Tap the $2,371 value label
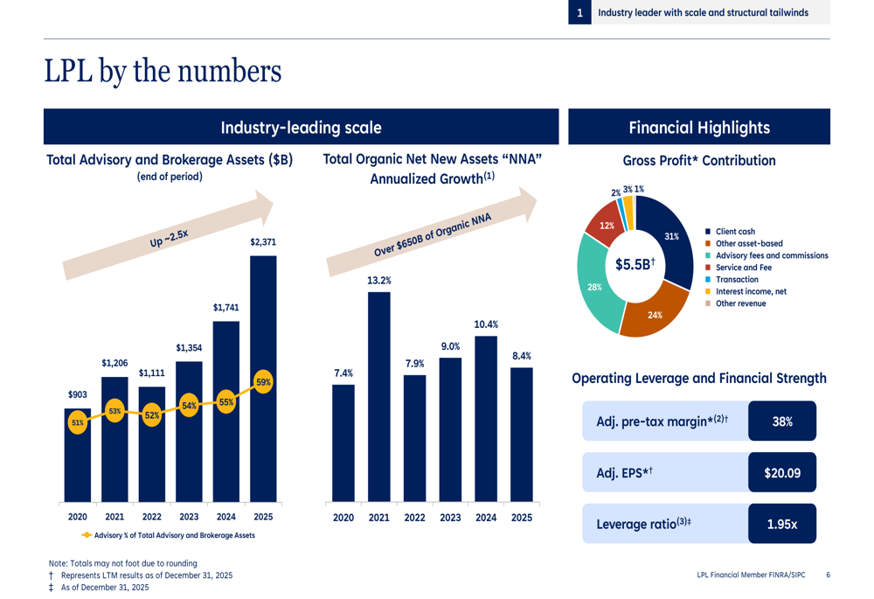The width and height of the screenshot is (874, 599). [263, 241]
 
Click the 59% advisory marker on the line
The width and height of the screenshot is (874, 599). [263, 382]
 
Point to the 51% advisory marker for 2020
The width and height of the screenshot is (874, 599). [78, 423]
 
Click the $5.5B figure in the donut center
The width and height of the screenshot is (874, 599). [635, 264]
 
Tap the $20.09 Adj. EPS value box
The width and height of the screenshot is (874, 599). [782, 473]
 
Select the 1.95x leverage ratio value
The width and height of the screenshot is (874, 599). [782, 524]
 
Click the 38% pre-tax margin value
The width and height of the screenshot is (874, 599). [782, 421]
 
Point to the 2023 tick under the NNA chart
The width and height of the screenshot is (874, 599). [450, 518]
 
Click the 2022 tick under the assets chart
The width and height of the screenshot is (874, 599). [152, 517]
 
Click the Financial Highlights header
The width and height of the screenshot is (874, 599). [699, 128]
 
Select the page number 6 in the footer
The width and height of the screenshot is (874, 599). [828, 575]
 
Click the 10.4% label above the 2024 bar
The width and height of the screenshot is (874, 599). [486, 324]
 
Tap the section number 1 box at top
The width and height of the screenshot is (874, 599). [579, 13]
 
